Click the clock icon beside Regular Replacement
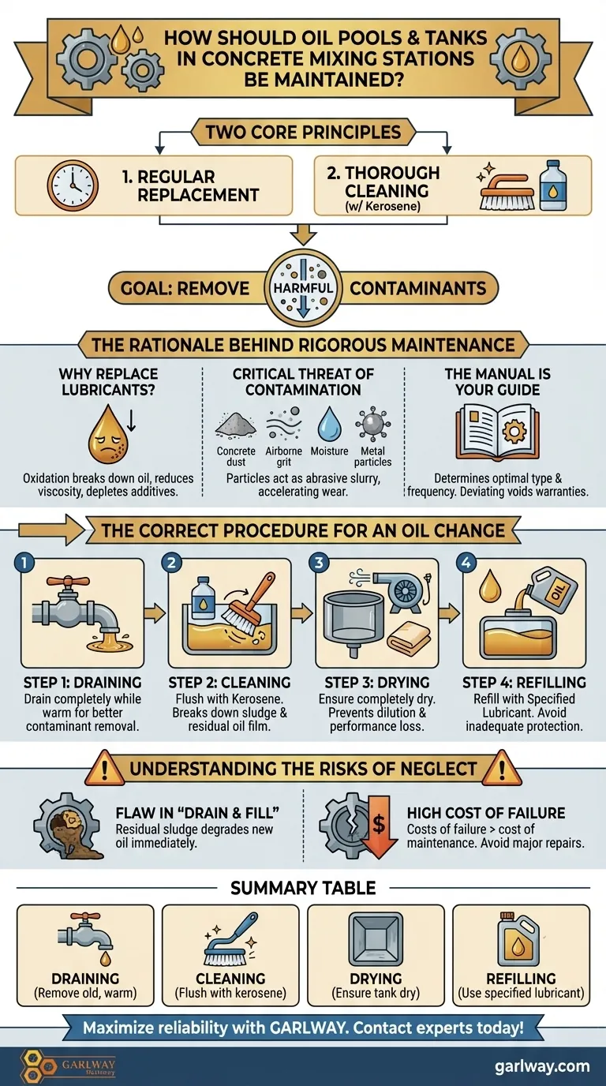coord(73,185)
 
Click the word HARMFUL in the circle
coord(303,288)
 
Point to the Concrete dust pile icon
coord(236,425)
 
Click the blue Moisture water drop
coord(330,423)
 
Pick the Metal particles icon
coord(373,424)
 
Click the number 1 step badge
coord(24,564)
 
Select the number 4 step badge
coord(466,564)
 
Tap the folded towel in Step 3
coord(410,638)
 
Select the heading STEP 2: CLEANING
coord(230,683)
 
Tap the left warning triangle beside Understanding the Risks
coord(104,770)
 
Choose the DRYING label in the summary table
coord(376,979)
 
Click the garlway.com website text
coord(542,1066)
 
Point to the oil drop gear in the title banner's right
coord(520,59)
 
